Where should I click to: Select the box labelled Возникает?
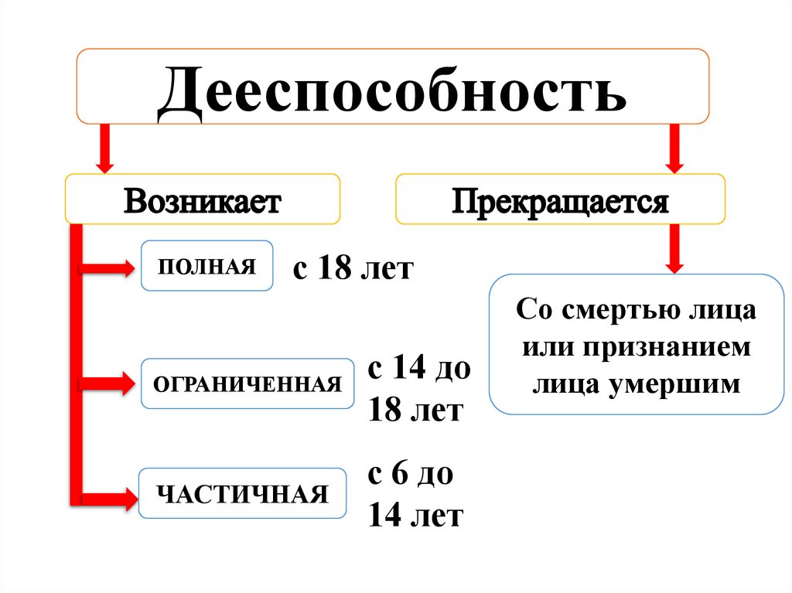coord(203,200)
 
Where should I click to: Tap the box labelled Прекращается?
coord(560,200)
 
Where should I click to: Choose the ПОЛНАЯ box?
coord(207,266)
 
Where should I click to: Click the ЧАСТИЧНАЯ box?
coord(243,493)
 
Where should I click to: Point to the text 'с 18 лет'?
coord(353,270)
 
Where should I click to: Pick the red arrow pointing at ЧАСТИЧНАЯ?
coord(107,495)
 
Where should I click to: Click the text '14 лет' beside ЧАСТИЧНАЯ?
coord(415,515)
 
